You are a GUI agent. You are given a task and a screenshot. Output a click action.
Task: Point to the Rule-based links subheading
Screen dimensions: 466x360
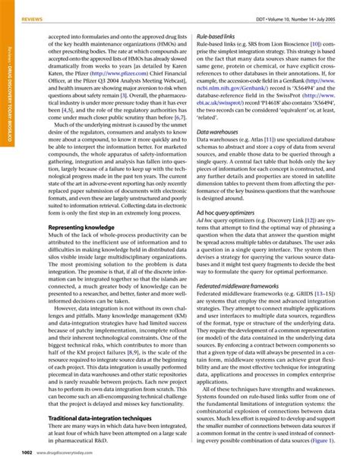215,36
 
